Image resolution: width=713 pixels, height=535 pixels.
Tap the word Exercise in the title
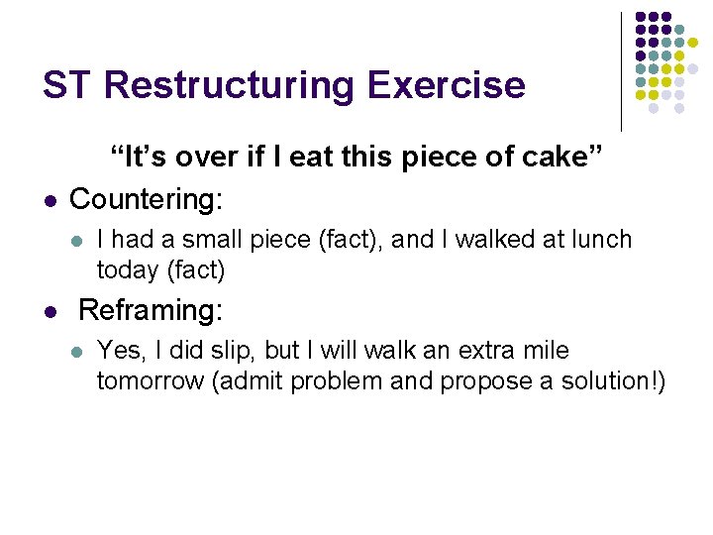pos(446,85)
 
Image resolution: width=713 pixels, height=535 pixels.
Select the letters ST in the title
pos(67,85)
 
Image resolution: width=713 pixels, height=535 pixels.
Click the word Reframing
pos(151,310)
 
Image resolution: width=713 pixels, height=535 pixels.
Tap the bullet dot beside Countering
pos(49,200)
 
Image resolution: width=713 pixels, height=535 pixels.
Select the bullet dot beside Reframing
pos(49,312)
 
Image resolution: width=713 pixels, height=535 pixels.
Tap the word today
pos(125,268)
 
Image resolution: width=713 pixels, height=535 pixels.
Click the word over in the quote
pos(179,157)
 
